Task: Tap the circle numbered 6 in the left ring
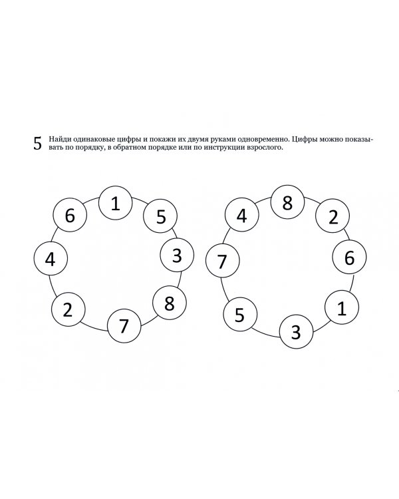(x=69, y=215)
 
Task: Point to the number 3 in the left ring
(x=177, y=255)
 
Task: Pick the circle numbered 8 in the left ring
(x=169, y=303)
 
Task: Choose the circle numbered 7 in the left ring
(x=124, y=326)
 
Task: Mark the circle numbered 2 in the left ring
(x=68, y=310)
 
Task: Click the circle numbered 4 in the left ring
(x=50, y=259)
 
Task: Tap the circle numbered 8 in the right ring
(x=287, y=202)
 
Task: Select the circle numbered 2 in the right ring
(x=332, y=216)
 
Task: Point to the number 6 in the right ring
(x=349, y=257)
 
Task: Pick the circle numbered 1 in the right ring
(x=341, y=308)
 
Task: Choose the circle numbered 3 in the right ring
(x=295, y=331)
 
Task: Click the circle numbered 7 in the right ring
(x=223, y=261)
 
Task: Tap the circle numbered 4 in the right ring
(x=241, y=216)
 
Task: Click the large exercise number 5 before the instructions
(x=37, y=144)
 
